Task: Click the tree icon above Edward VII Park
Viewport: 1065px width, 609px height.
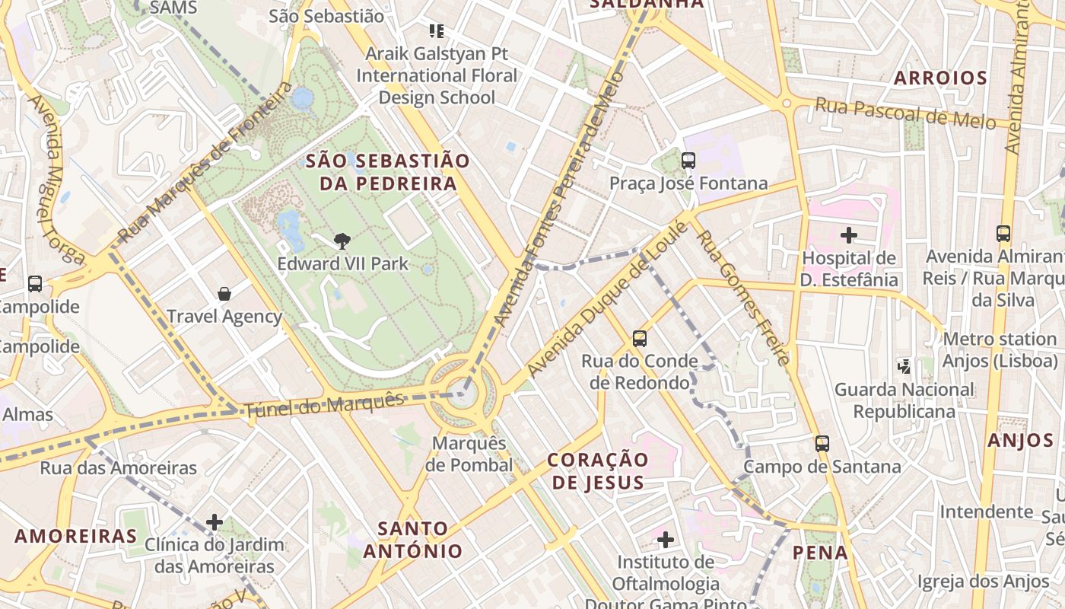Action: tap(342, 241)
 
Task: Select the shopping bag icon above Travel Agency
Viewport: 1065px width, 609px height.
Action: tap(224, 294)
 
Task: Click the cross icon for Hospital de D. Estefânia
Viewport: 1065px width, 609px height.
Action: tap(849, 235)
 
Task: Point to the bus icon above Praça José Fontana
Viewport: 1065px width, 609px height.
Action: tap(688, 161)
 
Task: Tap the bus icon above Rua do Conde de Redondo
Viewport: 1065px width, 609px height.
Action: tap(640, 338)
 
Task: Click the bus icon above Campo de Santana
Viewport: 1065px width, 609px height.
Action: tap(822, 444)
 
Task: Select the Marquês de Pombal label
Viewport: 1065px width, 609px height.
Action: tap(469, 454)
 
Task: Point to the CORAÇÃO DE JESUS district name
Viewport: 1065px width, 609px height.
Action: tap(598, 470)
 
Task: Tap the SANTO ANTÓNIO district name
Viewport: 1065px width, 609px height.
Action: tap(412, 539)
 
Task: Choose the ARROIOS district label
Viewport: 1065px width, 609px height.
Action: tap(940, 78)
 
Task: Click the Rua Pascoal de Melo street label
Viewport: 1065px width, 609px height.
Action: tap(905, 113)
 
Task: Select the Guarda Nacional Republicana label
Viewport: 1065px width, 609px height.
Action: tap(904, 400)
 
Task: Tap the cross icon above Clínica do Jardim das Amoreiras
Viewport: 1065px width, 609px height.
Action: tap(215, 522)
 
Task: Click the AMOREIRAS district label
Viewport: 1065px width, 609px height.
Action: tap(75, 536)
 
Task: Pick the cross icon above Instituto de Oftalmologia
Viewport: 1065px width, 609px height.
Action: tap(666, 540)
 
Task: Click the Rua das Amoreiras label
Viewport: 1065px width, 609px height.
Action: tap(119, 467)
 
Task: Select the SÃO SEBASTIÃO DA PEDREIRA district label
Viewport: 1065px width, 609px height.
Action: tap(388, 172)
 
